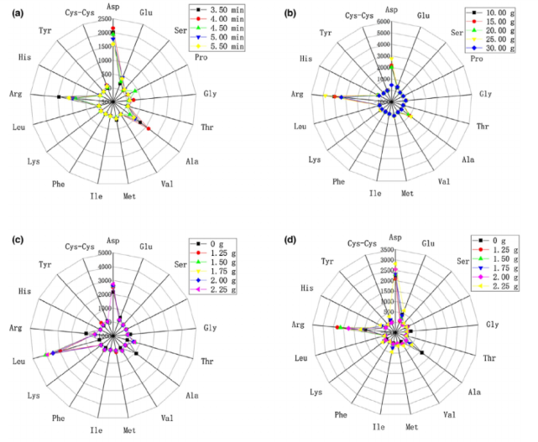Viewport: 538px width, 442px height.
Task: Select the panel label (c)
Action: coord(12,237)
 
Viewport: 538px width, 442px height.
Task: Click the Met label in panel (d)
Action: coord(412,427)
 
